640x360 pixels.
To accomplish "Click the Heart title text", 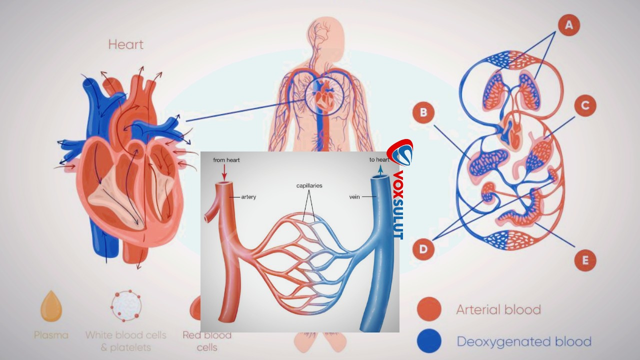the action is coord(125,44).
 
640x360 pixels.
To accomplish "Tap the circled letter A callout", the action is coord(569,25).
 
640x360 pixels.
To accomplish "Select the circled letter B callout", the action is coord(423,112).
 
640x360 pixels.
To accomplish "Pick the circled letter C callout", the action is coord(585,105).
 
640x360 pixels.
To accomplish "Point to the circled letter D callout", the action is coord(423,249).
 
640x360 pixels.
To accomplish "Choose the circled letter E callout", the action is coord(585,260).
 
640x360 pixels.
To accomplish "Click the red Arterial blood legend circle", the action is coord(429,309).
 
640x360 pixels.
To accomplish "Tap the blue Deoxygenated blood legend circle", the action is coord(429,341).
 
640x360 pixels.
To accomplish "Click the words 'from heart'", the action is coord(226,160).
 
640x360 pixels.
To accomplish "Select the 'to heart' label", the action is coord(379,159).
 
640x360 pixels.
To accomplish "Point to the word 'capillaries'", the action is coord(309,185).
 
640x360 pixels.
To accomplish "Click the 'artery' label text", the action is coord(248,197).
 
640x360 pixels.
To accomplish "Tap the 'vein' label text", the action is coord(354,197).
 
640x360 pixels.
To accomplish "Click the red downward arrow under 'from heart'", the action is coord(224,172).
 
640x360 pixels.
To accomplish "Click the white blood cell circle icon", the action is coord(126,305).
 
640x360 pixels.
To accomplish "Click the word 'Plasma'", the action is coord(51,335).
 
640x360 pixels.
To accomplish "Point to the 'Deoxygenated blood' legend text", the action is coord(524,341).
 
